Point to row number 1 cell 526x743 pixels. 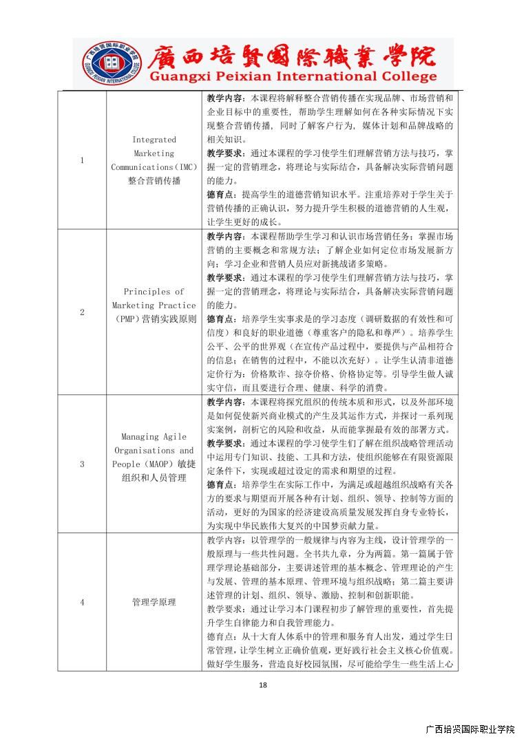tap(82, 160)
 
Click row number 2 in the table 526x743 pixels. tap(82, 312)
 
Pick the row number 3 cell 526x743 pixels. tap(82, 464)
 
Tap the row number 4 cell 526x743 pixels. tap(82, 602)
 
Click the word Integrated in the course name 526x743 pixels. tap(154, 140)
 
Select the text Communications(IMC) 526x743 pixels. tap(154, 167)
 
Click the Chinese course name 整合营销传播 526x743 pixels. tap(154, 181)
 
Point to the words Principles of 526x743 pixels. tap(154, 292)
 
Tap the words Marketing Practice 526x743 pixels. tap(154, 305)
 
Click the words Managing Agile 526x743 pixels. tap(154, 436)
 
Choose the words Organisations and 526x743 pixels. tap(154, 450)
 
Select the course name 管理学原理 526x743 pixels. tap(154, 602)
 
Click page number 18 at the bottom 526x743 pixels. tap(263, 685)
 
